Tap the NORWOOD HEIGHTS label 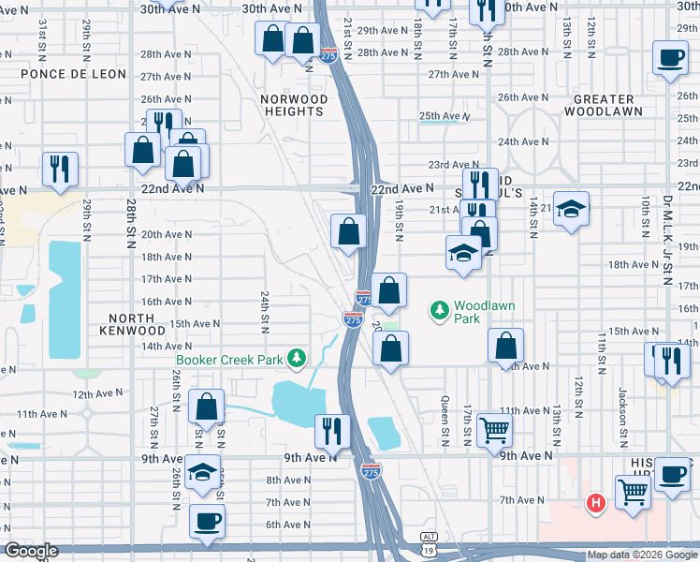tap(294, 105)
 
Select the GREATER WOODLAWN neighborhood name tap(603, 104)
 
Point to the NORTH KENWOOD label tap(131, 324)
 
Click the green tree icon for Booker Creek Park tap(297, 358)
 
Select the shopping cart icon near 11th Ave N tap(494, 430)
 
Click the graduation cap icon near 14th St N tap(571, 209)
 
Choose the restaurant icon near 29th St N tap(59, 169)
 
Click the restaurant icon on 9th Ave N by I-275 tap(331, 430)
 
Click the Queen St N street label tap(444, 407)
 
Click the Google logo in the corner tap(31, 551)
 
